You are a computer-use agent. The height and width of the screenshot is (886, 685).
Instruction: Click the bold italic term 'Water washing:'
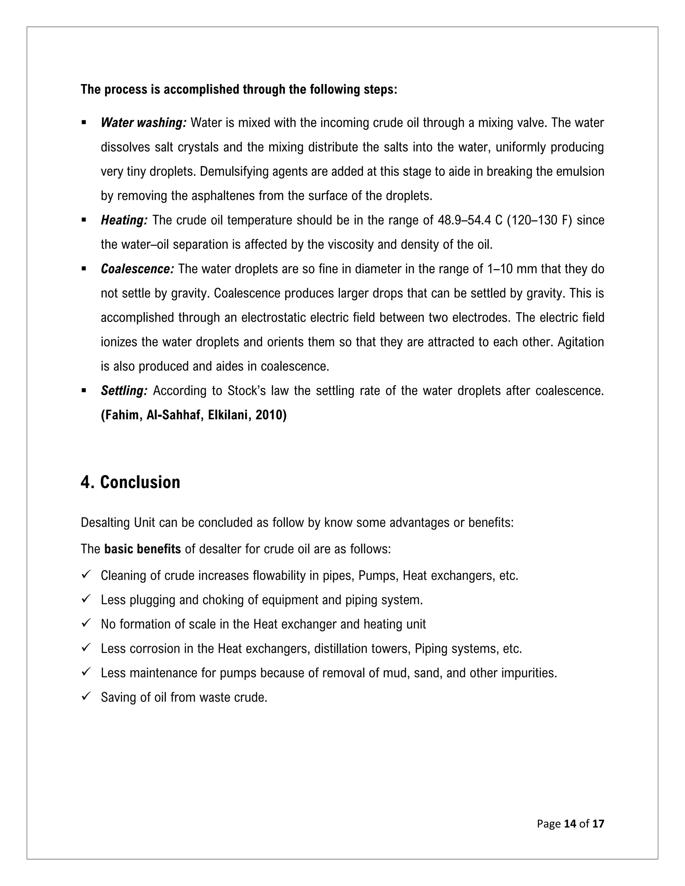[x=143, y=122]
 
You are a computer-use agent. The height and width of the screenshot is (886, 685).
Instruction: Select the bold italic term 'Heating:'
[x=124, y=220]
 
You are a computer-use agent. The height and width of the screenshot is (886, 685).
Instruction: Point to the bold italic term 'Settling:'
[x=124, y=391]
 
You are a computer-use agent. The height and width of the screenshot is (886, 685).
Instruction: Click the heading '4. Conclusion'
[x=130, y=482]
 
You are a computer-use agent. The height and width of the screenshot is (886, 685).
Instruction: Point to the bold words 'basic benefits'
[x=142, y=549]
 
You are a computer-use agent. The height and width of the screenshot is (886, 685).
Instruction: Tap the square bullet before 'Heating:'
[x=84, y=220]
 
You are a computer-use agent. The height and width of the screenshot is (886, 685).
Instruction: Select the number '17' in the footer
[x=598, y=823]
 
